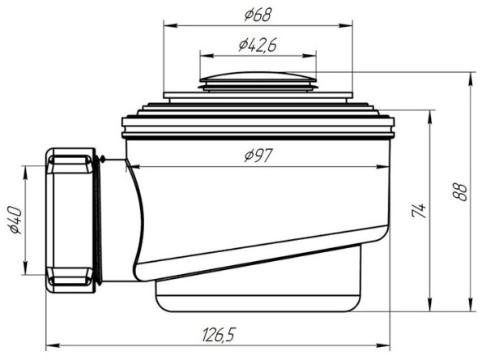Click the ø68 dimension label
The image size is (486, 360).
tap(258, 15)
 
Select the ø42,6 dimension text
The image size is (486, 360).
tap(258, 45)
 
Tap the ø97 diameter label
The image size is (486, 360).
tap(258, 155)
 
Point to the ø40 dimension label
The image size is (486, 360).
tap(16, 220)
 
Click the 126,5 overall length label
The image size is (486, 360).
tap(219, 335)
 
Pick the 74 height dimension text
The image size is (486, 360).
tap(419, 211)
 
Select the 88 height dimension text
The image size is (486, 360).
tap(459, 192)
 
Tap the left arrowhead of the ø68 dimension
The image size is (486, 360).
tap(170, 25)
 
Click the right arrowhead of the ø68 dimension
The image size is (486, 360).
tap(346, 25)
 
